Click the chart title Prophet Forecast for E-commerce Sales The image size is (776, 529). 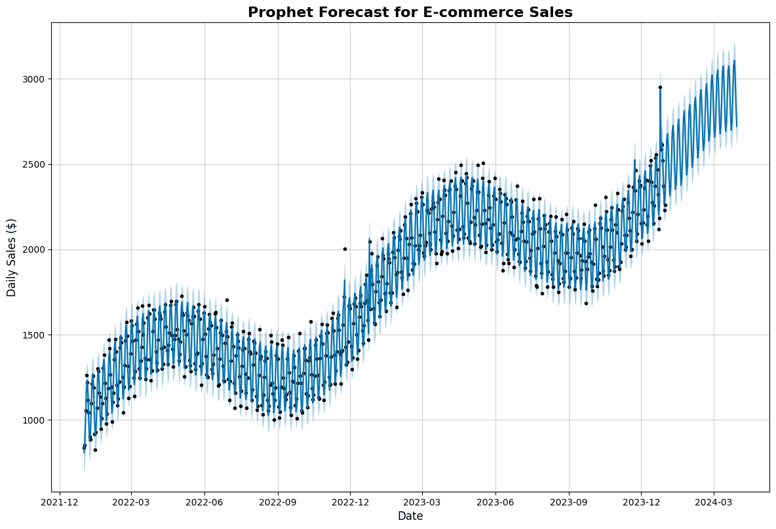point(410,12)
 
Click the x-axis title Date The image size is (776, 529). point(410,517)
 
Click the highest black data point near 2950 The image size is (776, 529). point(660,87)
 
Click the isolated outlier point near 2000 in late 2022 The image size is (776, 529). point(345,249)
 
